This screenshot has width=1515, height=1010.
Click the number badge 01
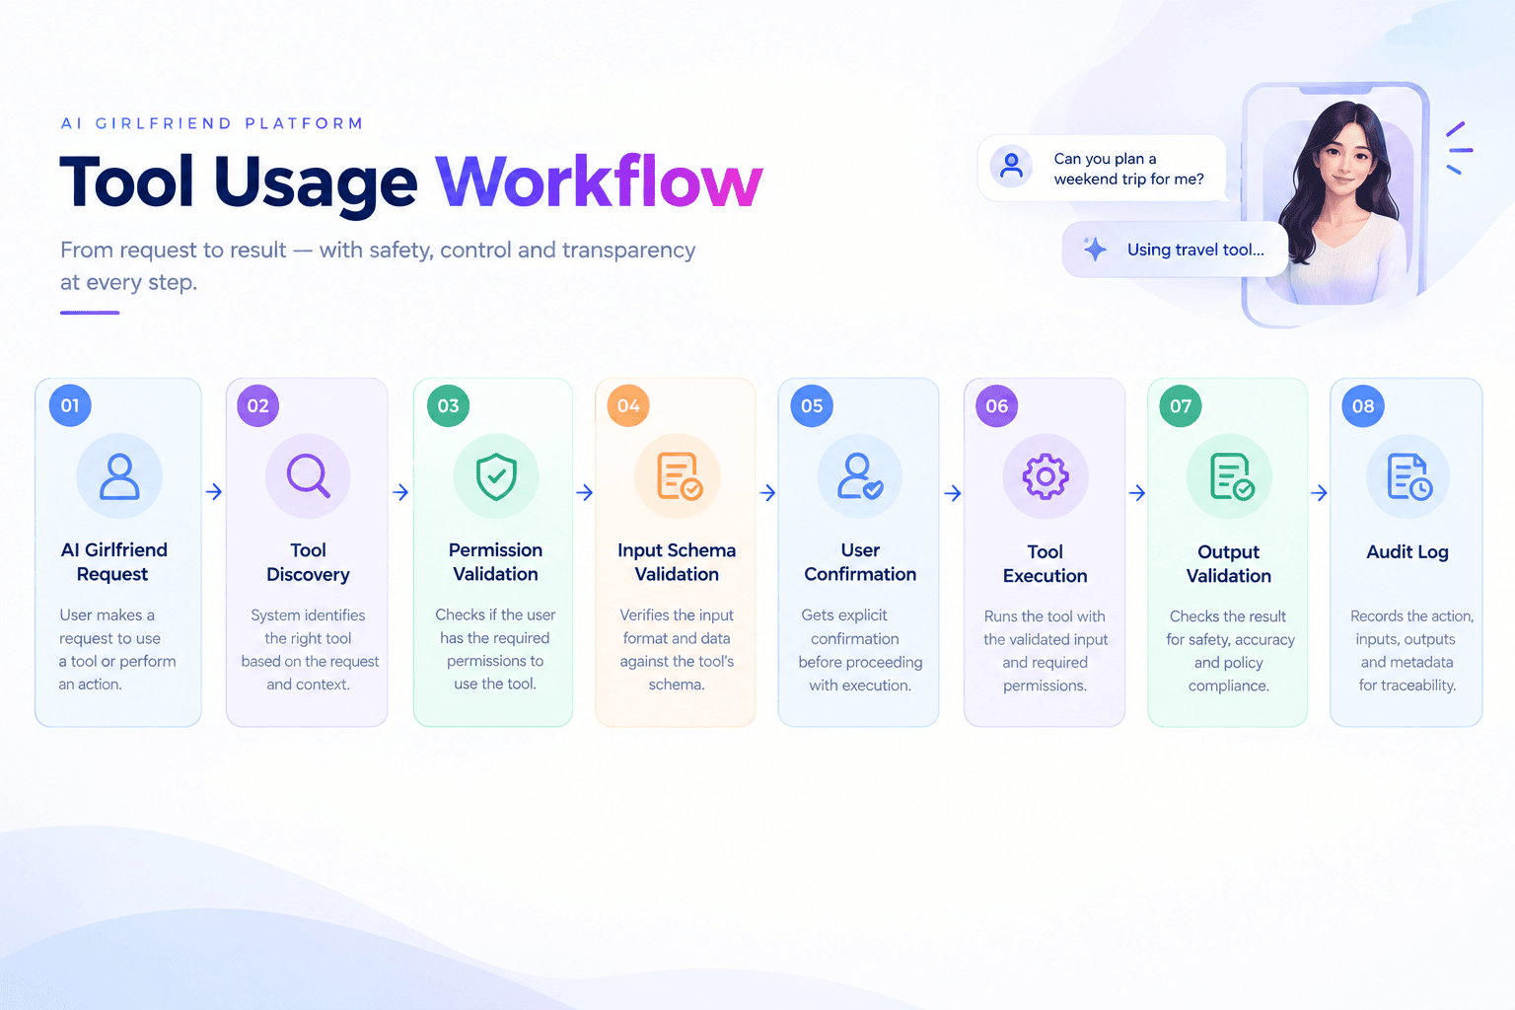tap(70, 405)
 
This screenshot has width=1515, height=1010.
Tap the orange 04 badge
tap(628, 405)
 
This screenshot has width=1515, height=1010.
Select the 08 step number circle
tap(1363, 406)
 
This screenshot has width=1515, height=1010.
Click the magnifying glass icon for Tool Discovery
tap(309, 475)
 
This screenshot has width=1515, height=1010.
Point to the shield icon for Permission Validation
tap(496, 476)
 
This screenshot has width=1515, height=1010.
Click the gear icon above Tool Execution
tap(1046, 476)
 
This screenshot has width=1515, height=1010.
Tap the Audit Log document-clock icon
tap(1409, 477)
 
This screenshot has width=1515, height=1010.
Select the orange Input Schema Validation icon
tap(679, 476)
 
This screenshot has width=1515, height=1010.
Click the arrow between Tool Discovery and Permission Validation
tap(400, 492)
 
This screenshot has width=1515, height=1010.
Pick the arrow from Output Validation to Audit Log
tap(1319, 492)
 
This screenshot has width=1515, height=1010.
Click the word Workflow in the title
tap(599, 181)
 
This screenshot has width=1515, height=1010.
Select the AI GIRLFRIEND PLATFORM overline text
tap(212, 123)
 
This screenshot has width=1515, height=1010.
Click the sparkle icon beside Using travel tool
tap(1094, 249)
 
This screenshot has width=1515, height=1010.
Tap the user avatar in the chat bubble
tap(1011, 166)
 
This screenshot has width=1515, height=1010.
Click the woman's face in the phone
tap(1343, 162)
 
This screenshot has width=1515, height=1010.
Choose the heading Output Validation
tap(1228, 563)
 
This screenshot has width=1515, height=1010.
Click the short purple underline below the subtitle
tap(90, 313)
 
